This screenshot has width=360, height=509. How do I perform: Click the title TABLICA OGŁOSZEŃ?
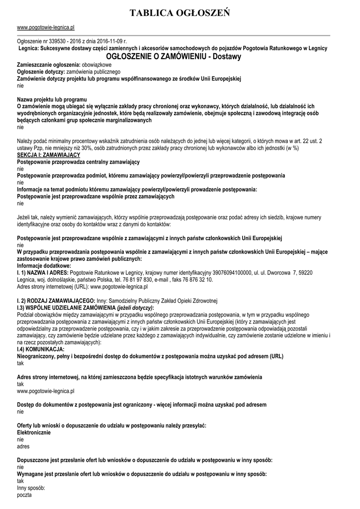(180, 12)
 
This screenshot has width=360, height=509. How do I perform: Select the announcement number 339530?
(62, 42)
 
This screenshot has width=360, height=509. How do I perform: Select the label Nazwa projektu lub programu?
(52, 100)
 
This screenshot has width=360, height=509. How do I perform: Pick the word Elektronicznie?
(34, 432)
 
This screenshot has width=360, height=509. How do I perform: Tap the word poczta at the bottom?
(24, 496)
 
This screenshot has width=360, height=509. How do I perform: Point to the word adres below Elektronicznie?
(23, 446)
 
